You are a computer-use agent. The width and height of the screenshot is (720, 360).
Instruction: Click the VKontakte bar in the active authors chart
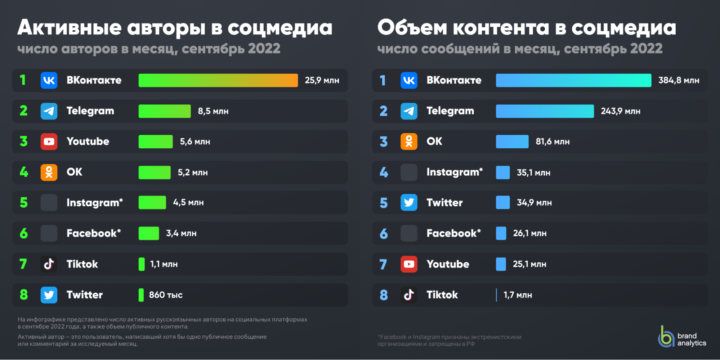(218, 80)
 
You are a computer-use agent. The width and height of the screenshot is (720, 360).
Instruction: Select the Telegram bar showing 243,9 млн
(545, 111)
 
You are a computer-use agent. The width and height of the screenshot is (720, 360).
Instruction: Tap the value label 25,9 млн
(322, 80)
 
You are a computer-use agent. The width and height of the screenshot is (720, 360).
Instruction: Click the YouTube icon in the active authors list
(49, 141)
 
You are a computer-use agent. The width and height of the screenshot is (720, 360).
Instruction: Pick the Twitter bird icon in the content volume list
(409, 203)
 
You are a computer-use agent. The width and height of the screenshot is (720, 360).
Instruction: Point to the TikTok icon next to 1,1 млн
(49, 264)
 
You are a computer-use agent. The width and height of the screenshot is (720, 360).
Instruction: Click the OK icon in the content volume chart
(409, 141)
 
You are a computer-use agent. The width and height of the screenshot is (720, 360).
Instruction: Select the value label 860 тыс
(166, 295)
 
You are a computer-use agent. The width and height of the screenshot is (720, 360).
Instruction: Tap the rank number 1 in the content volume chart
(383, 80)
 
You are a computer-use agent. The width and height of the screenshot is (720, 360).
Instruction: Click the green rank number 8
(24, 295)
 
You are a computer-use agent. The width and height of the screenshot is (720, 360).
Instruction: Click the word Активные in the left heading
(70, 28)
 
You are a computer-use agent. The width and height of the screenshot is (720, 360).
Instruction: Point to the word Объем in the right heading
(412, 28)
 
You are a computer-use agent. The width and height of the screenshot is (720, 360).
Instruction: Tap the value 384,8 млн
(679, 80)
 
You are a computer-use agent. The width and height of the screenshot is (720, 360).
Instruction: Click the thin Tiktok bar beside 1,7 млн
(496, 295)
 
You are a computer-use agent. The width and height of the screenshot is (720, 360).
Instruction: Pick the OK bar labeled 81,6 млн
(512, 142)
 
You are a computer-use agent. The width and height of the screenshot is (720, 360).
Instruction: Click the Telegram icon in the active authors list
(49, 111)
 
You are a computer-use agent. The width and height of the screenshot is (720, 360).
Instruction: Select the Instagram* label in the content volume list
(454, 172)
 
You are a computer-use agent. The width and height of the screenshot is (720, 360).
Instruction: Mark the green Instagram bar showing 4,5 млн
(152, 203)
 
